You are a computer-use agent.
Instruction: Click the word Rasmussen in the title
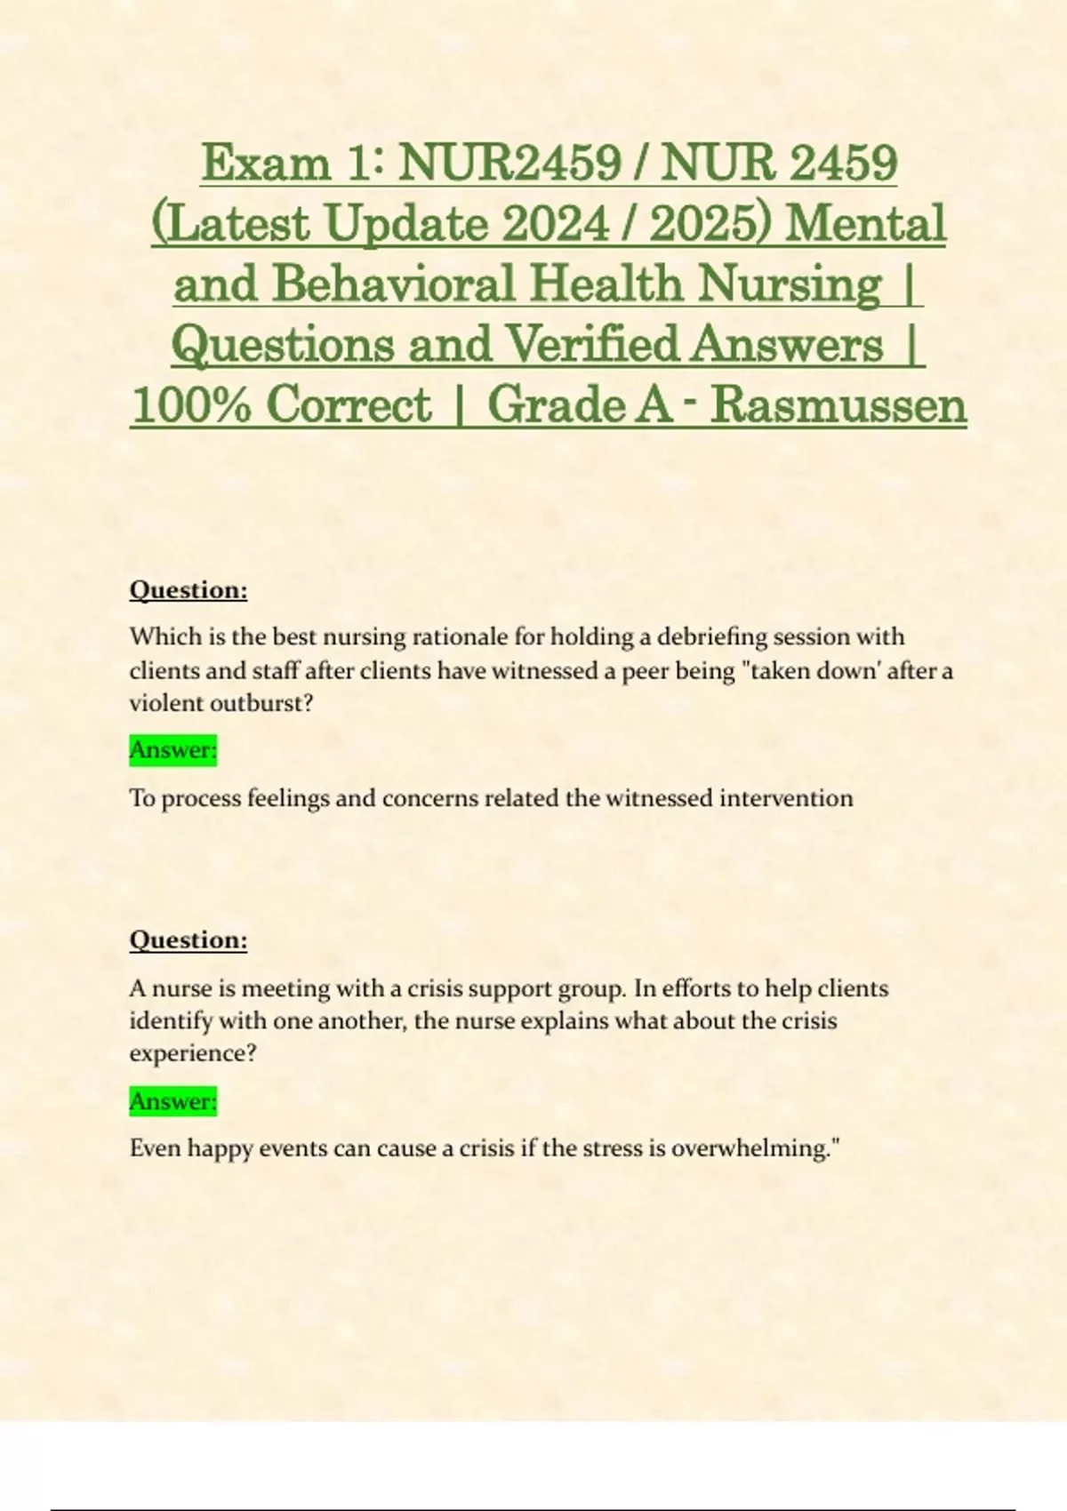[838, 405]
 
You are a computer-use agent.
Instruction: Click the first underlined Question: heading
[189, 590]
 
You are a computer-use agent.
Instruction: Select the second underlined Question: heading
[189, 940]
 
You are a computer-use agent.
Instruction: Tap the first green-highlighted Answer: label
[173, 750]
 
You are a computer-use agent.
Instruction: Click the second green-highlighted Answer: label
[173, 1101]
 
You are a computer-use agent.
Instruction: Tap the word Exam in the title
[265, 164]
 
